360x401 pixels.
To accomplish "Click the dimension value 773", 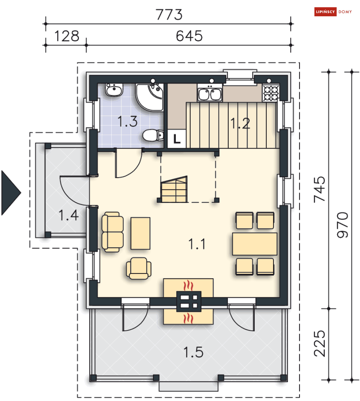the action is click(x=169, y=14).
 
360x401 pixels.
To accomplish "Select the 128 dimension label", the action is click(x=67, y=36).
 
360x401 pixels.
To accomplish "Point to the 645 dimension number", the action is click(x=189, y=36).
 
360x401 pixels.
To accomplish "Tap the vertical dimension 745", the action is click(x=319, y=189).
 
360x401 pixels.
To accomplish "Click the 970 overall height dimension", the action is click(x=343, y=225).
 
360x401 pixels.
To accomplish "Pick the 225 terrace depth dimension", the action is click(x=319, y=343).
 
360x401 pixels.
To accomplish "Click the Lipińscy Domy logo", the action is click(x=333, y=12).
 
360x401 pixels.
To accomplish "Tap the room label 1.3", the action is click(x=127, y=121).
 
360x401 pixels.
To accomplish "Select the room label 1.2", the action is click(x=240, y=124).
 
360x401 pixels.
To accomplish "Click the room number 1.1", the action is click(x=197, y=244).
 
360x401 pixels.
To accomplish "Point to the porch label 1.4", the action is click(x=68, y=215).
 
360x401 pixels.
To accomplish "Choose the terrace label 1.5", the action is click(x=194, y=352).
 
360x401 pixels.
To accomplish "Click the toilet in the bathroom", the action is click(x=153, y=135).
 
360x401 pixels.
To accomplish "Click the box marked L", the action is click(x=177, y=139).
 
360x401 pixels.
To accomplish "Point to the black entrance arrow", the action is click(x=11, y=193).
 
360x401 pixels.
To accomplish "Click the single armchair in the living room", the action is click(x=139, y=268).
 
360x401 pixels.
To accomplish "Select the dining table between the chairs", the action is click(x=255, y=244).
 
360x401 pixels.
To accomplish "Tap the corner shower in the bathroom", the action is click(x=150, y=97).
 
